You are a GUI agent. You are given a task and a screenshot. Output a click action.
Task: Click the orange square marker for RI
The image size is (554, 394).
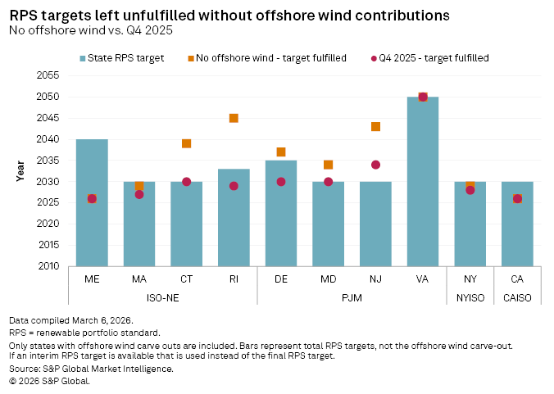click(234, 118)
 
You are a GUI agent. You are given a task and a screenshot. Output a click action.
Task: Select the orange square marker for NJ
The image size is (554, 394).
click(375, 126)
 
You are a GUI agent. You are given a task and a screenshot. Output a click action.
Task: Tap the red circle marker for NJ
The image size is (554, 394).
click(375, 165)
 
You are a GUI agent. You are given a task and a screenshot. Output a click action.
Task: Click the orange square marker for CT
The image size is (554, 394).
click(186, 143)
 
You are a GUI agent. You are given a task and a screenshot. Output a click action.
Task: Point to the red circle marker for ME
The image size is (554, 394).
click(92, 198)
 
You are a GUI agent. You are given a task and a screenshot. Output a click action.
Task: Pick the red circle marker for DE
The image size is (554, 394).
click(281, 182)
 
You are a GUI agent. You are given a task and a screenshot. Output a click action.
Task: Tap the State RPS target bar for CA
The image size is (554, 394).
click(517, 224)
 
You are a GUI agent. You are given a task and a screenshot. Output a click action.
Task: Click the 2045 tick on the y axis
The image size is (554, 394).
click(49, 118)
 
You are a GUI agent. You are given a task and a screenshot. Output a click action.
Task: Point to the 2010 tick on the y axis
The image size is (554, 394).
click(49, 266)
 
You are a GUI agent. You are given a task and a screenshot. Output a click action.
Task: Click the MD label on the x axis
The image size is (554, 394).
click(328, 279)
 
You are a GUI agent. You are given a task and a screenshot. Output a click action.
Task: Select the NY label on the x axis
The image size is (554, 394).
click(470, 279)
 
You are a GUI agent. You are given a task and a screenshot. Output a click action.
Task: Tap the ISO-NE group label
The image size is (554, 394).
click(162, 297)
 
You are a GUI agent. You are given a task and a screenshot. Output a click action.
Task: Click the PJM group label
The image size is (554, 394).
click(352, 297)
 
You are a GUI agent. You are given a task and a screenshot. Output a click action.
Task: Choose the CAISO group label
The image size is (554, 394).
click(517, 297)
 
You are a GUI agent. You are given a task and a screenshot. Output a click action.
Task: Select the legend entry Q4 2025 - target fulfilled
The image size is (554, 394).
click(434, 57)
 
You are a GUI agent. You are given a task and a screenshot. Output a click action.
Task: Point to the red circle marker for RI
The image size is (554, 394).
click(234, 186)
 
